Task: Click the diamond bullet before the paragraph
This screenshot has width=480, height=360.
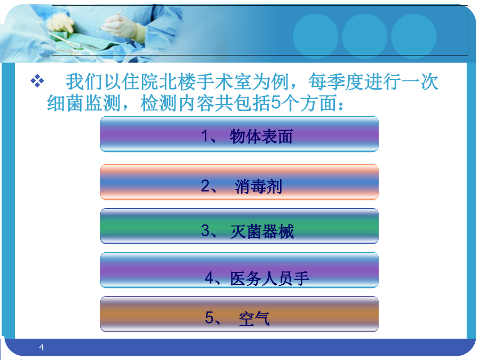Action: click(37, 81)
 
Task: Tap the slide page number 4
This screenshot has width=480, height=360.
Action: click(42, 347)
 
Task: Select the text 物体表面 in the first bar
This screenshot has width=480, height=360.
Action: click(261, 137)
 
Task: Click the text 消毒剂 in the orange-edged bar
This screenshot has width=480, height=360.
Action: click(258, 187)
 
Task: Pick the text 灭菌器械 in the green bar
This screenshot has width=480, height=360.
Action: click(262, 231)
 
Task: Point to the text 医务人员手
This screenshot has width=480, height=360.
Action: click(270, 279)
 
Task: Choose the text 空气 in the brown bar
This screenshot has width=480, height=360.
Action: click(254, 318)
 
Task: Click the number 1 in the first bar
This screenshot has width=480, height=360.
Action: click(205, 136)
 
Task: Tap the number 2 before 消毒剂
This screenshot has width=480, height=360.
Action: click(205, 186)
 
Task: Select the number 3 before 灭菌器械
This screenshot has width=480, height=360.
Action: click(205, 230)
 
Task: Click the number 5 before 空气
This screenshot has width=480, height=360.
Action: click(210, 317)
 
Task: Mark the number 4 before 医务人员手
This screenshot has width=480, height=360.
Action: click(209, 278)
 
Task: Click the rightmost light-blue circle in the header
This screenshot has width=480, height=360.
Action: click(413, 36)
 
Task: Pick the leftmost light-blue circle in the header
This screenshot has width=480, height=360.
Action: click(315, 36)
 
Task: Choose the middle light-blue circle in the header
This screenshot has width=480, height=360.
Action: click(365, 36)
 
